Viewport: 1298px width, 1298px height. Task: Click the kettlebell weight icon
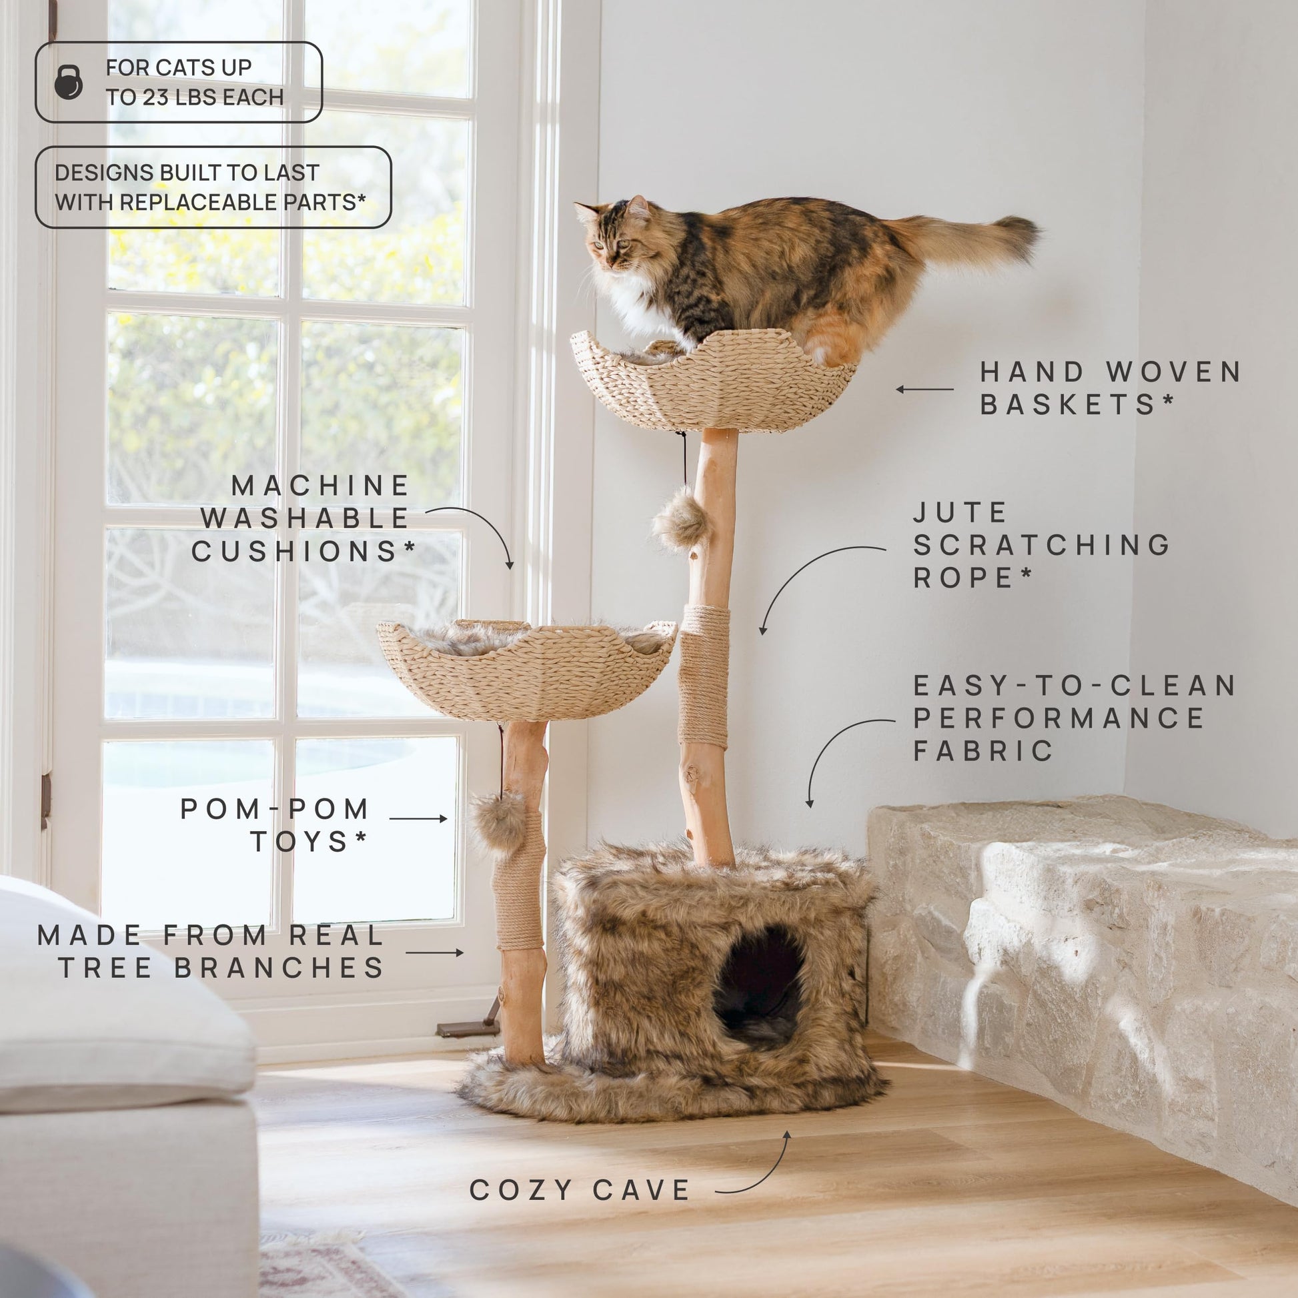point(69,82)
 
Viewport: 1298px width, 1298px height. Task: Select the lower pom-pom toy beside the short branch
point(498,822)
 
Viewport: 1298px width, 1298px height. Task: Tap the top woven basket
point(714,380)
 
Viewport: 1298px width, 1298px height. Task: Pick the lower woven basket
point(527,670)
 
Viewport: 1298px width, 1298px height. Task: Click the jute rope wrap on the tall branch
point(704,676)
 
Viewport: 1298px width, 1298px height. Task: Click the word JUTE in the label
point(960,513)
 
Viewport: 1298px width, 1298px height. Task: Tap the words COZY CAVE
point(580,1190)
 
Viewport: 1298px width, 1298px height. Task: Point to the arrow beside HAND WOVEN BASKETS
point(924,389)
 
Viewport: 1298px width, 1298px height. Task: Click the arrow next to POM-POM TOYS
point(418,818)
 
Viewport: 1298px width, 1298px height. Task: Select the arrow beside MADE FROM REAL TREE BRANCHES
point(435,952)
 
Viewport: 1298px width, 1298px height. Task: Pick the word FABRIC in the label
point(984,750)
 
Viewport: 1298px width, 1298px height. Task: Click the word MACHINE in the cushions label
point(320,486)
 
